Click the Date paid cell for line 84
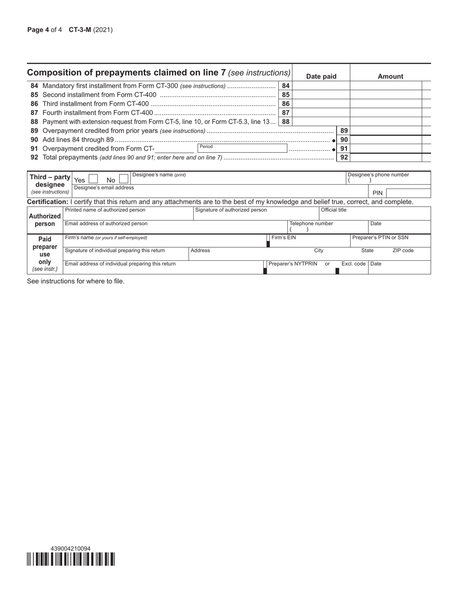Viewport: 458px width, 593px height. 321,86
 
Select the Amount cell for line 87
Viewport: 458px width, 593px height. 386,112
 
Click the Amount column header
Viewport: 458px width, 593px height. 390,76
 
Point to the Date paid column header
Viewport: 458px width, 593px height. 321,76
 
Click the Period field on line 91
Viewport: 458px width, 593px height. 242,148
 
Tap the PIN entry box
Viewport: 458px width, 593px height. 408,193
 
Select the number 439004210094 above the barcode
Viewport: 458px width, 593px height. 70,549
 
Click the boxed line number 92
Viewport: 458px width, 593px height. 344,157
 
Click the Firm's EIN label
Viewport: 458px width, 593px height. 283,238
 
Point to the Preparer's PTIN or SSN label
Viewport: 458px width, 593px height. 380,238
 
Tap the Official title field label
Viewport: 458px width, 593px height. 334,210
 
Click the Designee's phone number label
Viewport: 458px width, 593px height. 378,175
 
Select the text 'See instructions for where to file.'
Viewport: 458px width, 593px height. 76,281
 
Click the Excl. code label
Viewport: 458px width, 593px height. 353,264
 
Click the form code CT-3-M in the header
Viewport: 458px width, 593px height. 80,30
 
